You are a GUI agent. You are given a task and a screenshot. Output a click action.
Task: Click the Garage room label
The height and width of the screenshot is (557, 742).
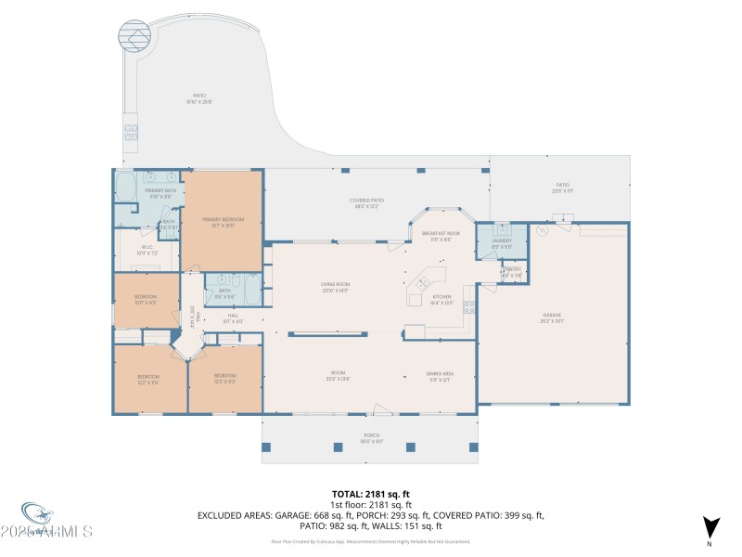coord(553,317)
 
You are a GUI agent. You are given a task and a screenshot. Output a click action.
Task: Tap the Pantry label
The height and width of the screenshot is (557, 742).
coord(512,272)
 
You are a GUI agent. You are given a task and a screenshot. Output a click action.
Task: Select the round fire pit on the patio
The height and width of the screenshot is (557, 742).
coord(134,37)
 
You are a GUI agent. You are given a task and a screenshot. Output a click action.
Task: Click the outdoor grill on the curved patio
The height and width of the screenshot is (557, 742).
coord(131,131)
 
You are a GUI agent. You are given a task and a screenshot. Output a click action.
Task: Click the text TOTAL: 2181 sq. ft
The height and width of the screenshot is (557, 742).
coord(371,494)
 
